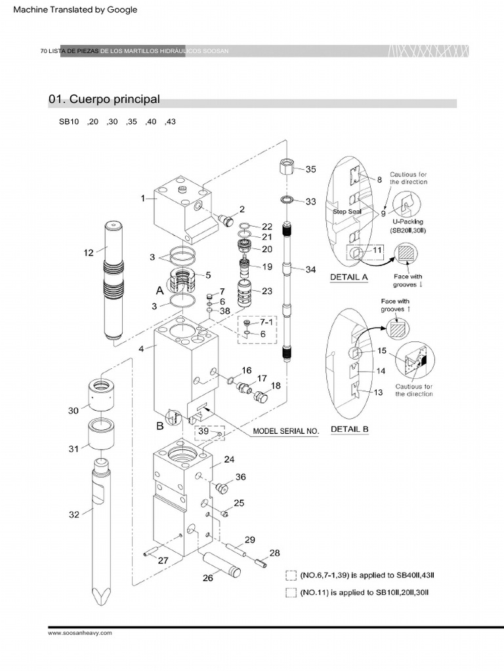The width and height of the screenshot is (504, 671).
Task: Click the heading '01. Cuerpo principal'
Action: click(x=104, y=100)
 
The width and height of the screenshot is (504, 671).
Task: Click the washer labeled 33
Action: click(x=287, y=199)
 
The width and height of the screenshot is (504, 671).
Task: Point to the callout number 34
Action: click(x=310, y=269)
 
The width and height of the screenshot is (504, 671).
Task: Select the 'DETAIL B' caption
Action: click(x=348, y=429)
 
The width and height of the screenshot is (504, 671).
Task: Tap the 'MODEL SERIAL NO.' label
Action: click(x=285, y=431)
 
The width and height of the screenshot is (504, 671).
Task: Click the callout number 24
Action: click(x=228, y=459)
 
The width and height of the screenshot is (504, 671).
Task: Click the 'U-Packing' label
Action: click(x=408, y=222)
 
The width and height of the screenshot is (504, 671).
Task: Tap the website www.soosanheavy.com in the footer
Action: click(x=80, y=633)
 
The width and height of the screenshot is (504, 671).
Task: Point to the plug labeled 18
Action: click(x=261, y=396)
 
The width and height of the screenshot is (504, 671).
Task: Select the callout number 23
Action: click(x=267, y=291)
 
